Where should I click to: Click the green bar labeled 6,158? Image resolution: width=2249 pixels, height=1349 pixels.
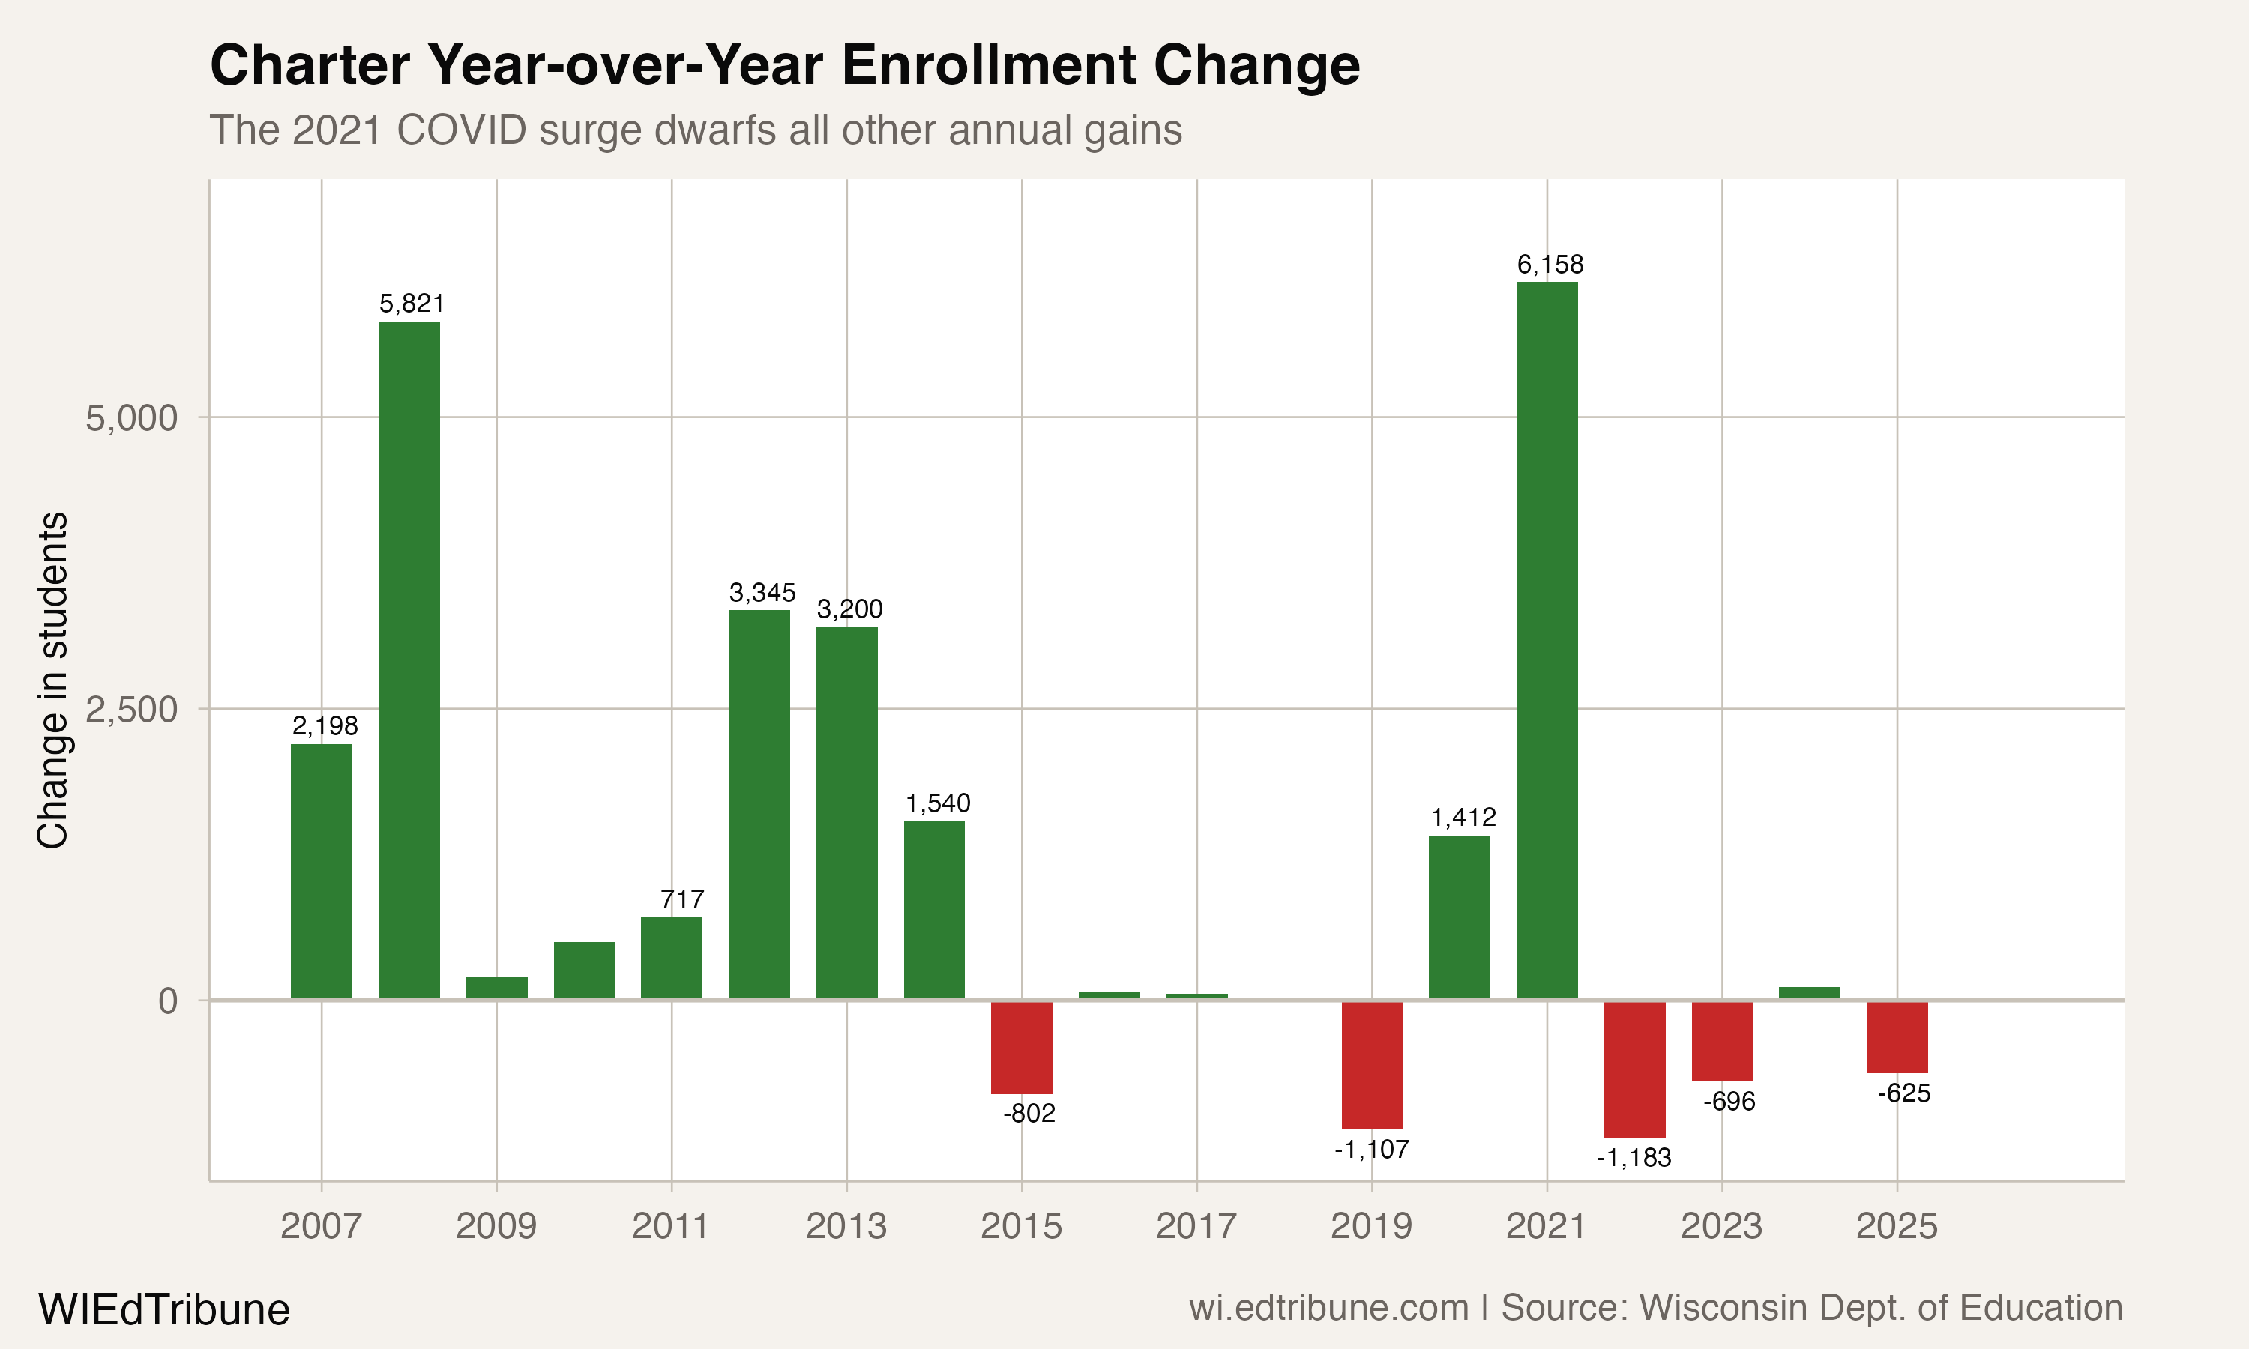pos(1547,640)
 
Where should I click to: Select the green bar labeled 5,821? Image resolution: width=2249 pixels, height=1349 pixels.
pos(409,660)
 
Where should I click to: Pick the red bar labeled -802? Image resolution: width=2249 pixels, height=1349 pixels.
pos(1022,1047)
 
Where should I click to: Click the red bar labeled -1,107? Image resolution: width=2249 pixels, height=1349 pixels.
pos(1372,1064)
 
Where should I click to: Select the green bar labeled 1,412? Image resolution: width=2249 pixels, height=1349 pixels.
pos(1459,917)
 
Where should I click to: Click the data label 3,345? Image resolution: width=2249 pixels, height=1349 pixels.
pos(762,593)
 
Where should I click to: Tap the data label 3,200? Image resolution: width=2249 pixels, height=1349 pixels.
pos(849,609)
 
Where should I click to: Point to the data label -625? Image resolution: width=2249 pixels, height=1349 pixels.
pos(1903,1093)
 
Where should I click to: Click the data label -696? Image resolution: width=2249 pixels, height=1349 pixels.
pos(1728,1102)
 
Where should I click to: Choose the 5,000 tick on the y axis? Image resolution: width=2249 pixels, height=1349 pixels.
pos(131,418)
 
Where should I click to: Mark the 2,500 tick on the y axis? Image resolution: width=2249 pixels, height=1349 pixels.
pos(131,709)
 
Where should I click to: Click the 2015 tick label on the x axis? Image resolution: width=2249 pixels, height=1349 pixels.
pos(1021,1226)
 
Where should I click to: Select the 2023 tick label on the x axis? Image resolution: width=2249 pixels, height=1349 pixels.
pos(1720,1226)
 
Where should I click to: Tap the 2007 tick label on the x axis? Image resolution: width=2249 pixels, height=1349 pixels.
pos(321,1226)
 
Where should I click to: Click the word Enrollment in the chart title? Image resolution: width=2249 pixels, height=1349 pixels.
pos(989,65)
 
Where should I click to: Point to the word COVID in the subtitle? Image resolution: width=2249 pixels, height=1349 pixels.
pos(461,130)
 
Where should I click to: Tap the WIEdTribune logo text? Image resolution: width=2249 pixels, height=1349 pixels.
pos(163,1310)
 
